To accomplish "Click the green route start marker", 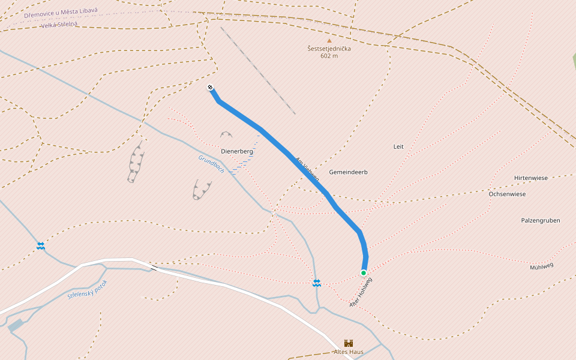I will pos(364,273).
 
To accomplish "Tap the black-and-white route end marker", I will pos(211,88).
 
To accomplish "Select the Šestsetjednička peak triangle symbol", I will pos(329,41).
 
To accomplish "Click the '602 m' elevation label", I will pos(329,56).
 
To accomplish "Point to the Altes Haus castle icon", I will pos(349,343).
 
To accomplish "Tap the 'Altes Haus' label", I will pos(349,352).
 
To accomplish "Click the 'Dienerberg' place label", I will pos(238,152).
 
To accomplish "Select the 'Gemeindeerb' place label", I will pos(348,172).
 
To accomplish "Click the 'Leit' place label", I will pos(398,146).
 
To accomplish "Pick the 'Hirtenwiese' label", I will pos(530,178).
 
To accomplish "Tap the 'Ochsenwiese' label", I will pos(507,194).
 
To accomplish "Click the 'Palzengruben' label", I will pos(540,220).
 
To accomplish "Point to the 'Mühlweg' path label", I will pos(541,266).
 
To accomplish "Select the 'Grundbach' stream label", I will pos(211,164).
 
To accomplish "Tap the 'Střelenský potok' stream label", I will pos(87,289).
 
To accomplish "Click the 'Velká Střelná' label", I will pos(59,25).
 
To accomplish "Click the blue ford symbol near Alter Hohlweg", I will pos(316,283).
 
